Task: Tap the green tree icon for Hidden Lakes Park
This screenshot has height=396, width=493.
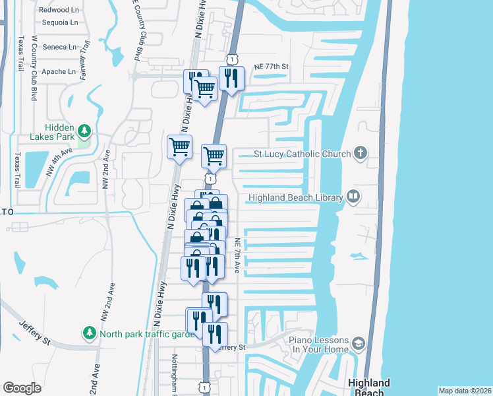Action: [84, 129]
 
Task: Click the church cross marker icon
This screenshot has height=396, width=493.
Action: [360, 154]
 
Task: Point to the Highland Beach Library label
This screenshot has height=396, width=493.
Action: [295, 197]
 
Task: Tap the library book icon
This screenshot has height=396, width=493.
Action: [353, 197]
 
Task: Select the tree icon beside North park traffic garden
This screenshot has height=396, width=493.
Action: [89, 331]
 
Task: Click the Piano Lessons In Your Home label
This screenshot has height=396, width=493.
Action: [318, 345]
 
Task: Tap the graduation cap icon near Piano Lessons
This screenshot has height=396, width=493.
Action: [358, 343]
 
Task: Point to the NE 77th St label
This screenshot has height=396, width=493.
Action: [272, 67]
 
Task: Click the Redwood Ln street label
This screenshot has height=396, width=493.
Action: [58, 10]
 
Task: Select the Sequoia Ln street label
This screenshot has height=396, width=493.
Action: [59, 22]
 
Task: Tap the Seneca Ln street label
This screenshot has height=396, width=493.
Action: [59, 47]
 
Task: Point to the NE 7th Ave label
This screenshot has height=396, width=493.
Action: [237, 256]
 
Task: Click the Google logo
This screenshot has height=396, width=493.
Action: [22, 388]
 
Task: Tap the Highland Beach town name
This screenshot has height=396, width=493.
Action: [368, 387]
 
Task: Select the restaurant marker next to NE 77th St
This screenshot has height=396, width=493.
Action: [231, 78]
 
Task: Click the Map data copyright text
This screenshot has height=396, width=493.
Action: [465, 391]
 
